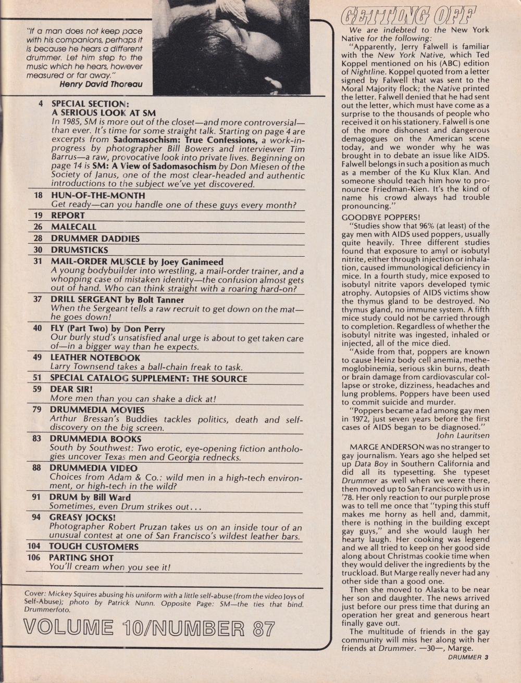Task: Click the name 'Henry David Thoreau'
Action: (101, 83)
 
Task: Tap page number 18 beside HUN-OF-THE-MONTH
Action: (38, 195)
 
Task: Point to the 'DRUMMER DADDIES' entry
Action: (95, 238)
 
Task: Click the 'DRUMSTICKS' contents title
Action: (79, 250)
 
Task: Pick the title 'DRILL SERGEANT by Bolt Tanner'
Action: (117, 300)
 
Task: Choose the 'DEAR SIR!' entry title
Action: (72, 389)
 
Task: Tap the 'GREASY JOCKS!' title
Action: (82, 517)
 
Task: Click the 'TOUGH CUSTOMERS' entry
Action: (94, 547)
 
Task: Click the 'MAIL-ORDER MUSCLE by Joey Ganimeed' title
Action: (137, 262)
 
